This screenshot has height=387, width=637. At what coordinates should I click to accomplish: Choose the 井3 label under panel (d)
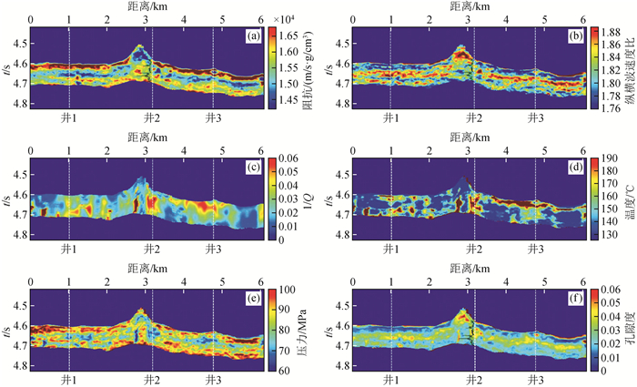534,248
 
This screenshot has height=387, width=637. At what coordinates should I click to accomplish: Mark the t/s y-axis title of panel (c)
6,199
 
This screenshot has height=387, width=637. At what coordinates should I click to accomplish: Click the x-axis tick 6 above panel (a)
264,19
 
